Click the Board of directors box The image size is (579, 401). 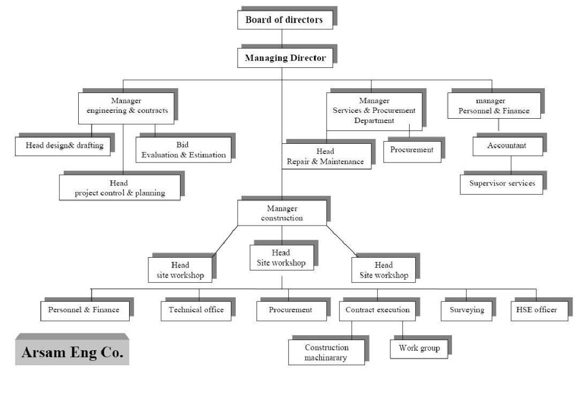click(284, 20)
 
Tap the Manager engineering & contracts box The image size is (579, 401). click(127, 105)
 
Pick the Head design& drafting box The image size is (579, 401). click(64, 145)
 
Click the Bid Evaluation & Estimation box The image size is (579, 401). click(183, 150)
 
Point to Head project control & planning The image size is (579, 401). click(119, 188)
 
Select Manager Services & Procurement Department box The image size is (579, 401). click(374, 111)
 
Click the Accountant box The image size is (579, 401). click(507, 145)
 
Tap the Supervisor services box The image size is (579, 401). click(502, 183)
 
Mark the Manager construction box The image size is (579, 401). click(282, 213)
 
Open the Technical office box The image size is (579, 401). click(196, 310)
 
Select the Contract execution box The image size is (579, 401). click(377, 310)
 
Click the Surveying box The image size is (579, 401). click(466, 310)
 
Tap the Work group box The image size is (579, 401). click(419, 348)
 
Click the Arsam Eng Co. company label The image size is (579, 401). click(72, 352)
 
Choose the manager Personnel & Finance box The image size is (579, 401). click(494, 106)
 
